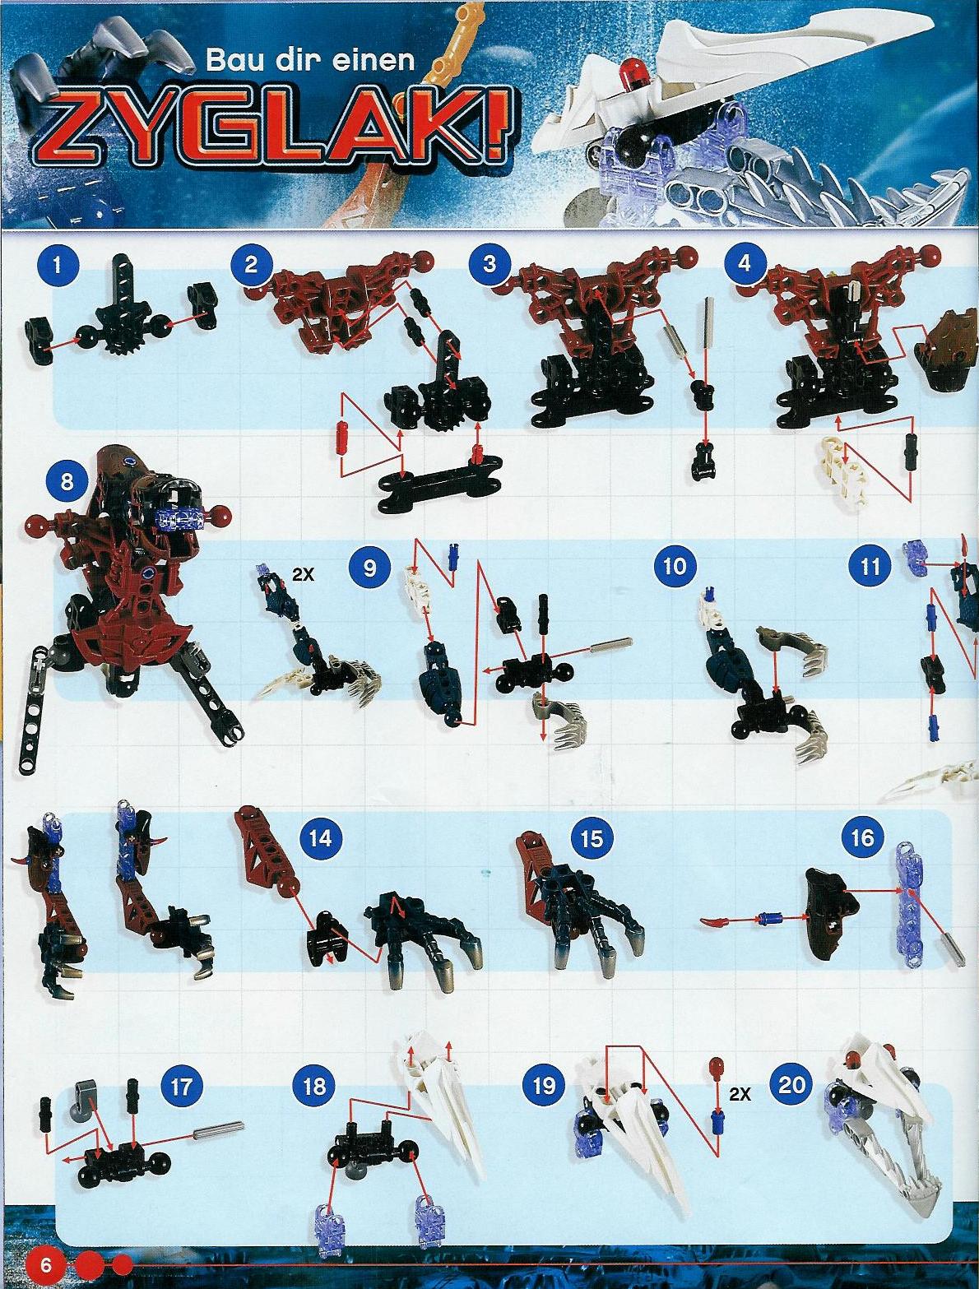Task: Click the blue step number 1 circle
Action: [x=57, y=266]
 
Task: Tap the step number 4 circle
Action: [x=744, y=264]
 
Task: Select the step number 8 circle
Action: [x=67, y=481]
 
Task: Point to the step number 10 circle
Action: [x=675, y=566]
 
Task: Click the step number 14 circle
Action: [x=321, y=838]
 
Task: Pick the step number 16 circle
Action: [x=862, y=837]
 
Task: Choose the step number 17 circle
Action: [x=180, y=1086]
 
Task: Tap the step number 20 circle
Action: [x=791, y=1084]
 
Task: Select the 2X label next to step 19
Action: [x=740, y=1094]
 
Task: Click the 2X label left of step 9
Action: [x=303, y=575]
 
